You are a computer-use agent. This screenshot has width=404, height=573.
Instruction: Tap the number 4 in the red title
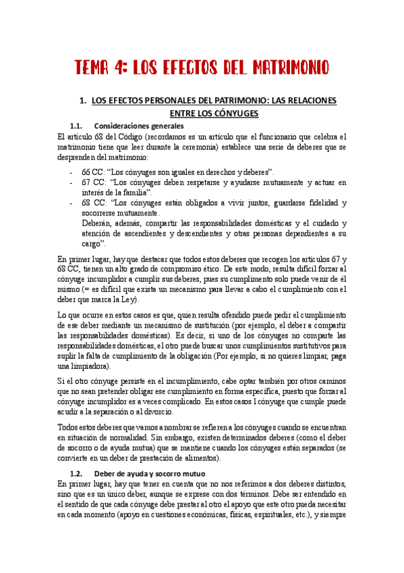(125, 68)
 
